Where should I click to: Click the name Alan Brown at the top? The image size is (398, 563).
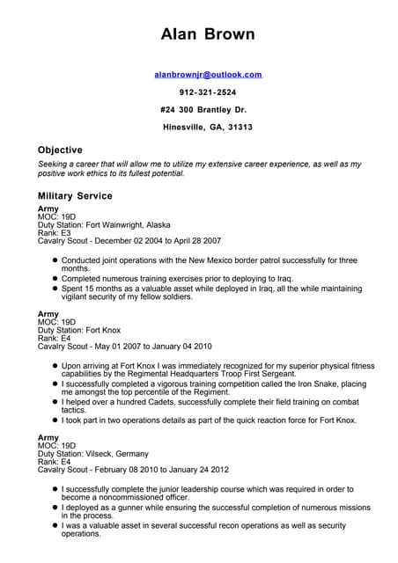[x=208, y=34]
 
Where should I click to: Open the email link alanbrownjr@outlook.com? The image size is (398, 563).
[x=208, y=76]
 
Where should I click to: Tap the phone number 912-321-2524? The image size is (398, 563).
[x=208, y=92]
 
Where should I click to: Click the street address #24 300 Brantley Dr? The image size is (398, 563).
[x=204, y=110]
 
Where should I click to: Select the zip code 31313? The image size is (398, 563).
[x=239, y=128]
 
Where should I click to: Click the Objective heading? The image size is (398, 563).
[x=60, y=150]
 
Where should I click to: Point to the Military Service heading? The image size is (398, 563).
[x=75, y=195]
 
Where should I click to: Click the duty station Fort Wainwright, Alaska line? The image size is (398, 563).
[x=104, y=224]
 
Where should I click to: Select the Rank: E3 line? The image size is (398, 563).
[x=55, y=232]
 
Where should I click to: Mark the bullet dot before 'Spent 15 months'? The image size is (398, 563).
[x=54, y=288]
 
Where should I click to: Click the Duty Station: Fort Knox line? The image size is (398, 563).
[x=78, y=330]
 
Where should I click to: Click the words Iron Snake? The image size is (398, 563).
[x=278, y=384]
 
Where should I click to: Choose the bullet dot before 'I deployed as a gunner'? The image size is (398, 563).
[x=54, y=508]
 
